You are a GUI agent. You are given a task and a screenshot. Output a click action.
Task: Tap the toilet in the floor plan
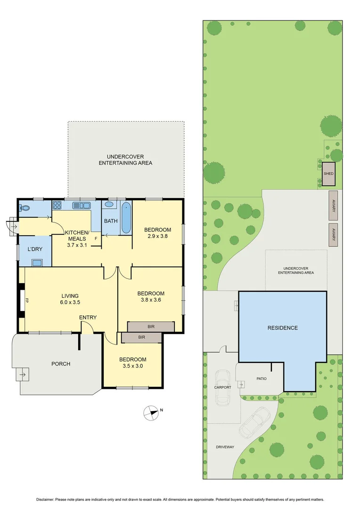25,207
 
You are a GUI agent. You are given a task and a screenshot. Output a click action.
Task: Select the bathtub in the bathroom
126,218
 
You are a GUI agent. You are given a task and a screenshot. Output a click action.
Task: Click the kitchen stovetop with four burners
57,205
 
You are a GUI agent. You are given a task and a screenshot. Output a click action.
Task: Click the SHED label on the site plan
328,173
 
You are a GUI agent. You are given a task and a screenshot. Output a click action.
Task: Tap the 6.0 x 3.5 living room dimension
69,303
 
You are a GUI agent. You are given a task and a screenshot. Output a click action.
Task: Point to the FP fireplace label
27,300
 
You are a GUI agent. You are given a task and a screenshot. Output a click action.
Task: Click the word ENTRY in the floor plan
88,317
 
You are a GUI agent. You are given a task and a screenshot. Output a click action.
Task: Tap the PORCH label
61,363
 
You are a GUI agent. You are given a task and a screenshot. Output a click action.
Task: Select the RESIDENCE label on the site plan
283,328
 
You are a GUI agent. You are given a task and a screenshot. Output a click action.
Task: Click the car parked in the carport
222,387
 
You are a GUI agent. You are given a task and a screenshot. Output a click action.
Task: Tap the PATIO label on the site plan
262,378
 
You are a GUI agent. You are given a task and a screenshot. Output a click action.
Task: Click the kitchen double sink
82,205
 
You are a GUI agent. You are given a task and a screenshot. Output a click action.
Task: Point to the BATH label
111,221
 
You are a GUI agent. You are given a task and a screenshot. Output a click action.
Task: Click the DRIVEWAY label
225,446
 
